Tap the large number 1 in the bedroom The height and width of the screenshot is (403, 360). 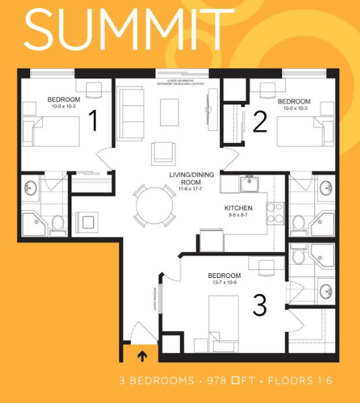(x=93, y=122)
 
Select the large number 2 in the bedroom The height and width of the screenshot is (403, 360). (x=260, y=122)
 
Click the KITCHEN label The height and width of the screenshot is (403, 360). (x=238, y=208)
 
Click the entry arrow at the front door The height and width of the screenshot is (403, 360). (x=142, y=355)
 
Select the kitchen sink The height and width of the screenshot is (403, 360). (x=250, y=185)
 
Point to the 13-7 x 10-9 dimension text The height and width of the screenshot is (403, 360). (x=224, y=283)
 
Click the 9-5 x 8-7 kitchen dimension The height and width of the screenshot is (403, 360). (x=238, y=216)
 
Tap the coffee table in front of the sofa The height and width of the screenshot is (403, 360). (x=170, y=112)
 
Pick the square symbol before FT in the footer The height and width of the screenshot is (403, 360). (x=236, y=381)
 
